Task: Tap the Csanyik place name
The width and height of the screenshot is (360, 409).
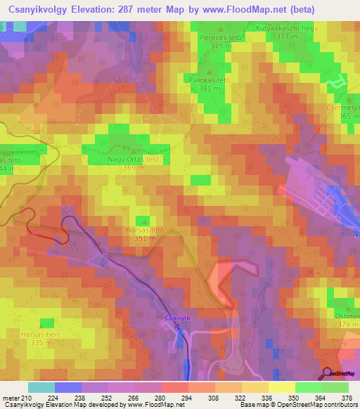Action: click(177, 318)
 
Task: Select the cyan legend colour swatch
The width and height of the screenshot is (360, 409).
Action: click(41, 387)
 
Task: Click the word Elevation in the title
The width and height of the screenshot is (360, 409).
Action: click(100, 10)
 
